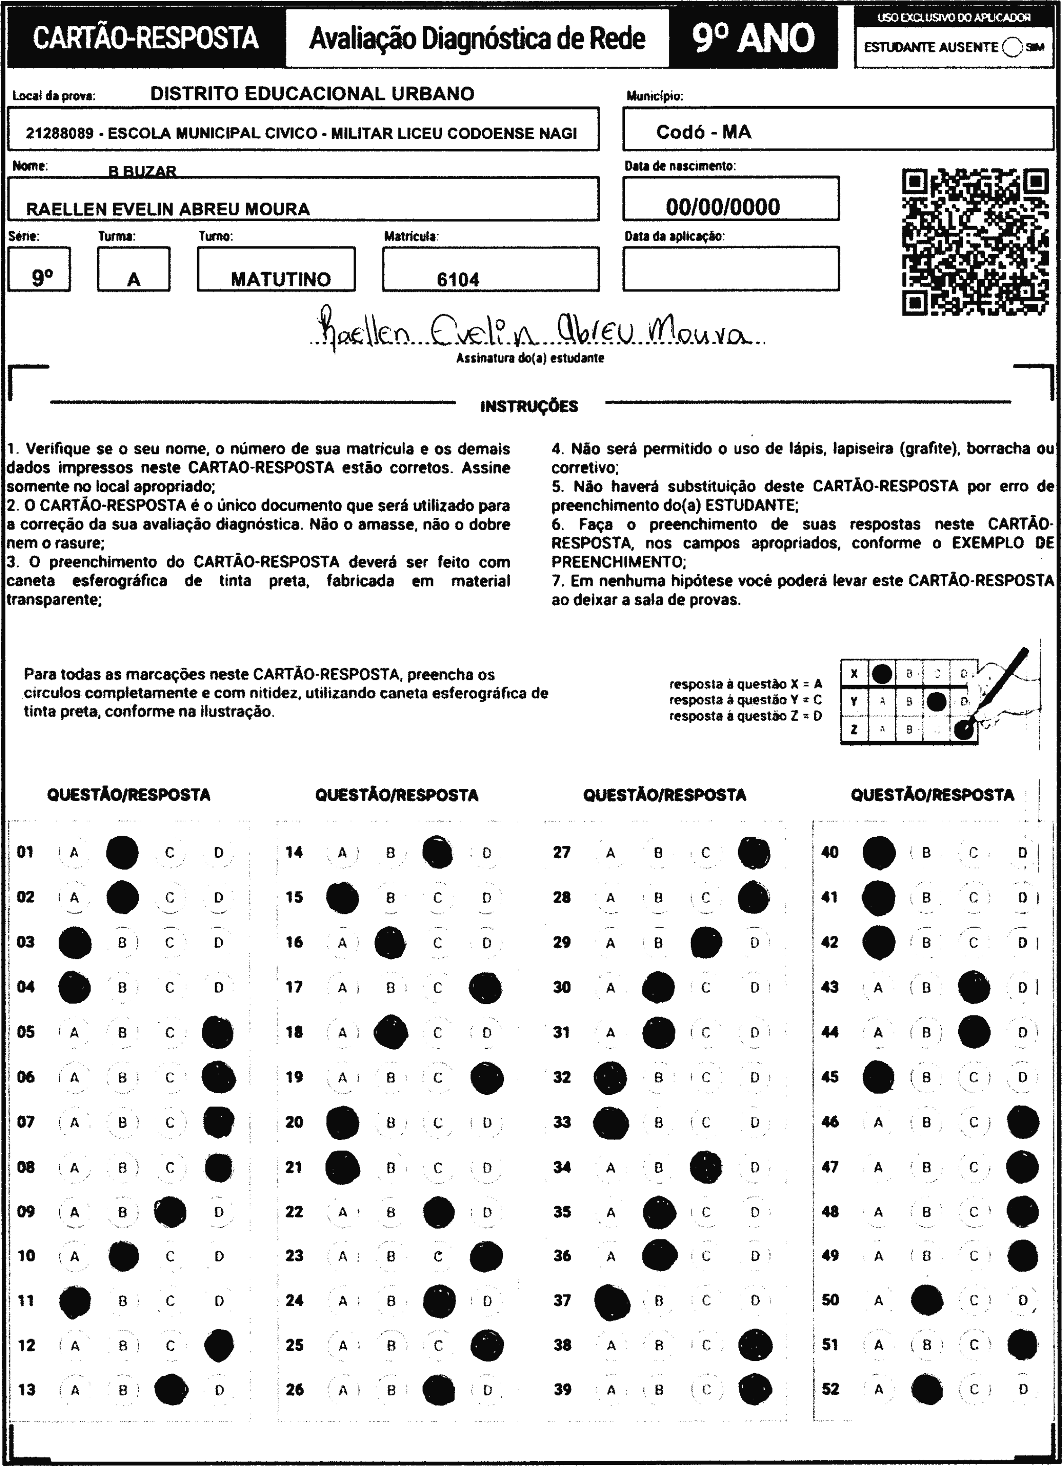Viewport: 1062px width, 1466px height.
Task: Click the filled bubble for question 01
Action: [122, 852]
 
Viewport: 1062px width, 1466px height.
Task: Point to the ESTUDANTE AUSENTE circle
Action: [1012, 47]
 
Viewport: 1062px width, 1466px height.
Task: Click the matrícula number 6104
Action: [458, 280]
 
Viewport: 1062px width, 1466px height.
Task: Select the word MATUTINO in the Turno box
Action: [280, 279]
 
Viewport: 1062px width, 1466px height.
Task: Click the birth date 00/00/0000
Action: [723, 207]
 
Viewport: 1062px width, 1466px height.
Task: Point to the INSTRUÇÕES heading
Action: [529, 407]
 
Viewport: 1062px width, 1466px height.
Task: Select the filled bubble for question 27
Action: [754, 852]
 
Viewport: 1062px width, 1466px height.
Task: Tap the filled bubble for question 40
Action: [879, 852]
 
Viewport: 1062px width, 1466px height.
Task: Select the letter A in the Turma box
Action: [134, 280]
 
